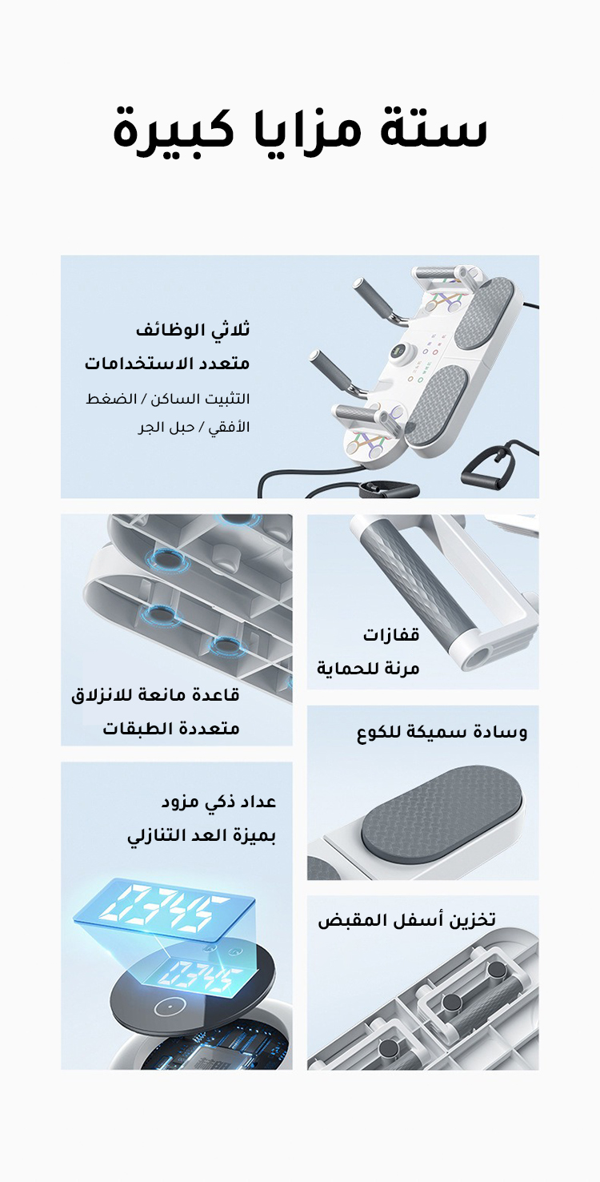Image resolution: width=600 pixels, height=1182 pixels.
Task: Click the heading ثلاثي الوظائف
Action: [x=193, y=330]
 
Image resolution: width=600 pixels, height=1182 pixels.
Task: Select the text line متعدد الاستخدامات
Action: [x=167, y=364]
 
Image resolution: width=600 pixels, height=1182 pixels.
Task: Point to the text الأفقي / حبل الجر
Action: [x=194, y=427]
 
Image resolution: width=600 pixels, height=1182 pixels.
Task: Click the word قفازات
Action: [x=391, y=634]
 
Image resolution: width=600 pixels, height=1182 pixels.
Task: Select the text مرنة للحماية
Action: [x=368, y=669]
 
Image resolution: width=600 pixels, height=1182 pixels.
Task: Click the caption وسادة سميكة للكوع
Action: [x=442, y=733]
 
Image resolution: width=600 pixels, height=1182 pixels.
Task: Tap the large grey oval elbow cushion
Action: [x=442, y=816]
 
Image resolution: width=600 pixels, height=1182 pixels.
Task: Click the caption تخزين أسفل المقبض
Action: [x=406, y=920]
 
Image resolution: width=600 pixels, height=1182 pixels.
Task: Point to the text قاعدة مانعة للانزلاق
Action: [x=155, y=695]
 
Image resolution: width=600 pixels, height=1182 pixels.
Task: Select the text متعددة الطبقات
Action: [x=171, y=729]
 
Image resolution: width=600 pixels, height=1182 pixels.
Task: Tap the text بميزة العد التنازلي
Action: [x=202, y=836]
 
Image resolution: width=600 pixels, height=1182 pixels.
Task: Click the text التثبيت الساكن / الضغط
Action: [x=168, y=399]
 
